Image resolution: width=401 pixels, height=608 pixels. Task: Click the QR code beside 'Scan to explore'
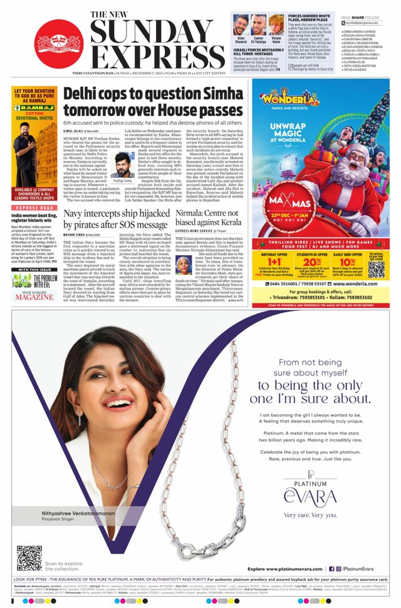pos(29,558)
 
